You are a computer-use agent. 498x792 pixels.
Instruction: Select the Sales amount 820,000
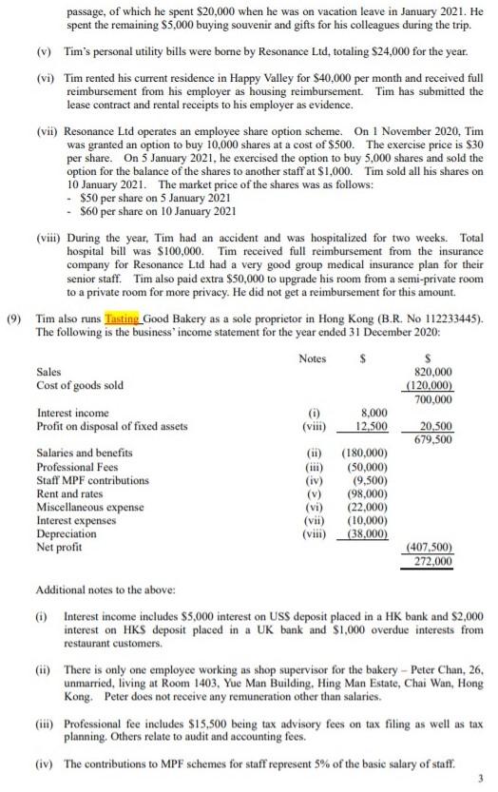(x=435, y=373)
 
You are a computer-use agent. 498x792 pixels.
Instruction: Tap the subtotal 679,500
(x=435, y=439)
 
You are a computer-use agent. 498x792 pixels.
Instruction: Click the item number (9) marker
(x=16, y=320)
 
